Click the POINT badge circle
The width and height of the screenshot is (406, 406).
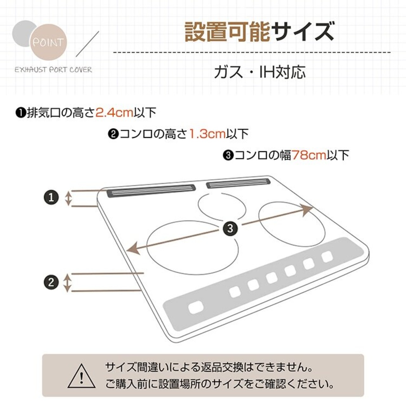coord(50,41)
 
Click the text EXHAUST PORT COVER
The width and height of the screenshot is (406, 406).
coord(53,70)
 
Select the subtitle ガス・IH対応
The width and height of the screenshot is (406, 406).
coord(260,72)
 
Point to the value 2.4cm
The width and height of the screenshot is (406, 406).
coord(114,113)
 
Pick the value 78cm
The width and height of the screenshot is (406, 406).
coord(309,155)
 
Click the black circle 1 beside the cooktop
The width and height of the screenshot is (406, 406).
coord(51,198)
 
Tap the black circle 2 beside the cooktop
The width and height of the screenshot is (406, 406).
coord(51,282)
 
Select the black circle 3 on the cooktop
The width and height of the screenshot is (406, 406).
coord(230,228)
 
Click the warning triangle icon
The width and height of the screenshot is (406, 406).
coord(82,376)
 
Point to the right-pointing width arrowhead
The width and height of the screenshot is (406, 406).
coord(307,210)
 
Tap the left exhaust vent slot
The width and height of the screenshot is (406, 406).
coord(151,191)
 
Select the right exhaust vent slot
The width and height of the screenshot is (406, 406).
coord(238,183)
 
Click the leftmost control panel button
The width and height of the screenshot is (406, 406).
coord(195,307)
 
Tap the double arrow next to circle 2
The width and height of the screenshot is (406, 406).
coord(67,282)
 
